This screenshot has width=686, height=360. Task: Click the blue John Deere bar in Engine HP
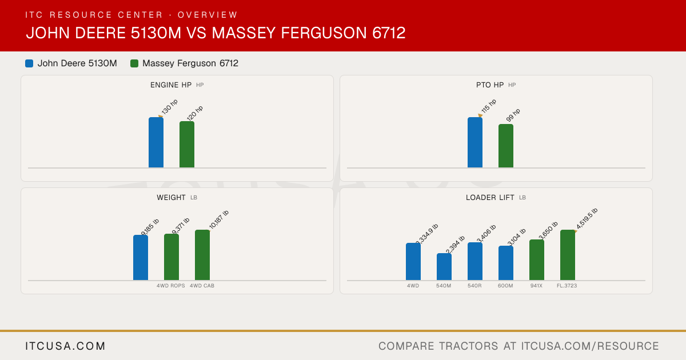156,142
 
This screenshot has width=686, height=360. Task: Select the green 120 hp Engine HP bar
187,145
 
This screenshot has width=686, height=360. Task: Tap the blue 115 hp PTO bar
475,142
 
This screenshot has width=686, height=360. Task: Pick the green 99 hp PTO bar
506,146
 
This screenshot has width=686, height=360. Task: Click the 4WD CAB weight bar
202,255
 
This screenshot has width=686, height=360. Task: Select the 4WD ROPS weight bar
171,257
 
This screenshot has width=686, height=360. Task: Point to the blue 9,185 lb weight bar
141,258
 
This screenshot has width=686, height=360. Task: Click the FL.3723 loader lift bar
568,255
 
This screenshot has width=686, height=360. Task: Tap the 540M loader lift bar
444,267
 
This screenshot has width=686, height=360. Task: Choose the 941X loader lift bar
537,260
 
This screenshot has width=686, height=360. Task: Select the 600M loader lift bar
506,263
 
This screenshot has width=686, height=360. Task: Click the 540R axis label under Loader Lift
474,286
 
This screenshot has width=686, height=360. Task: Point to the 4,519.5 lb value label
587,218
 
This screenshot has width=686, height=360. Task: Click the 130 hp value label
169,106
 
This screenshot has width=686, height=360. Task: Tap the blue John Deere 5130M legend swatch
29,63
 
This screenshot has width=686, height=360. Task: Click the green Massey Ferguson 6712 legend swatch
134,63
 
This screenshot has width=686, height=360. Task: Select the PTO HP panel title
490,85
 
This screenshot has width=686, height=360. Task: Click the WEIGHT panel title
171,198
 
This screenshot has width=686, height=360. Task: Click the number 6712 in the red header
389,33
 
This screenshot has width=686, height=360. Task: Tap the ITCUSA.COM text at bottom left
65,346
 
